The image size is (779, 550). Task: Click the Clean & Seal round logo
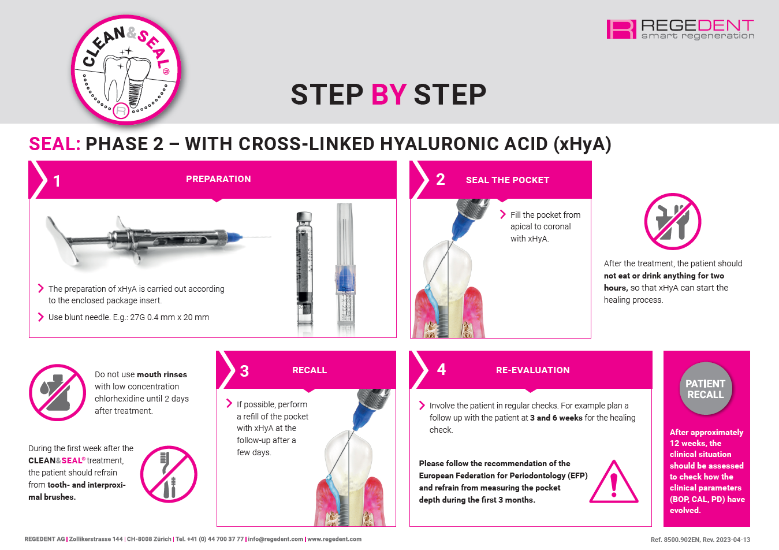pyautogui.click(x=126, y=69)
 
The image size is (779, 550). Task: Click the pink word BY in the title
pyautogui.click(x=389, y=94)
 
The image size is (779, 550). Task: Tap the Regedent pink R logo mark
pyautogui.click(x=621, y=29)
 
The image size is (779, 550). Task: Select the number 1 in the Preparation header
pyautogui.click(x=57, y=181)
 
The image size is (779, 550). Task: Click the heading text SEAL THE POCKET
pyautogui.click(x=508, y=180)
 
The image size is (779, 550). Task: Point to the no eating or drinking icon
pyautogui.click(x=673, y=221)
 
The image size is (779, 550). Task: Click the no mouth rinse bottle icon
pyautogui.click(x=57, y=392)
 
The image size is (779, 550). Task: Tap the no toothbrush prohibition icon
pyautogui.click(x=169, y=474)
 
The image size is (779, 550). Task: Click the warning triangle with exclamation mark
pyautogui.click(x=614, y=482)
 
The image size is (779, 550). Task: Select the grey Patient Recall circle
pyautogui.click(x=706, y=389)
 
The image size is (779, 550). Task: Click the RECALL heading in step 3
pyautogui.click(x=310, y=370)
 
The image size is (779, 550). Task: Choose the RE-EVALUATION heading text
pyautogui.click(x=533, y=370)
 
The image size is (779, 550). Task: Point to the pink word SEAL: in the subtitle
pyautogui.click(x=55, y=144)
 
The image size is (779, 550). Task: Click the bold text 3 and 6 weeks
pyautogui.click(x=556, y=418)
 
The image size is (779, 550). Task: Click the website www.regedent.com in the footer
pyautogui.click(x=334, y=539)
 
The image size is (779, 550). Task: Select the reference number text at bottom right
pyautogui.click(x=700, y=540)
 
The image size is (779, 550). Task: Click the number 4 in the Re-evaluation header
pyautogui.click(x=441, y=369)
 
